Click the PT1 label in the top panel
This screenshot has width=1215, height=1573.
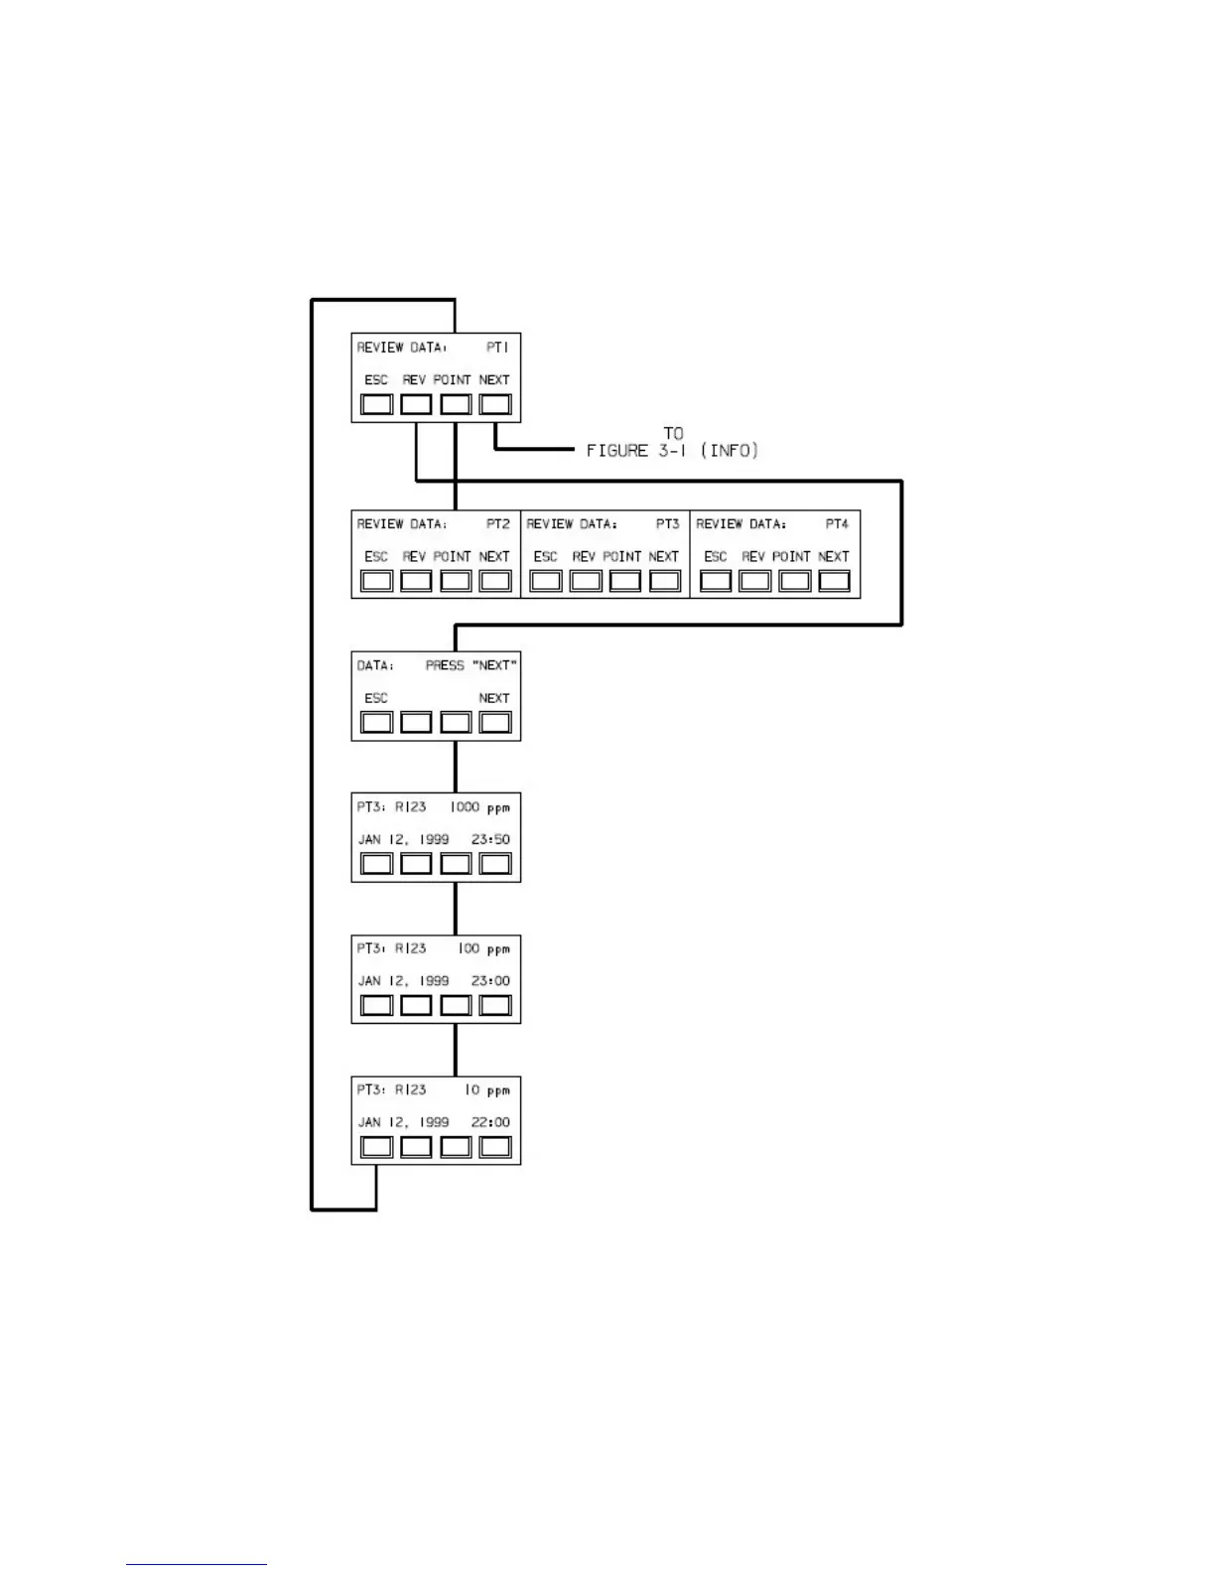497,348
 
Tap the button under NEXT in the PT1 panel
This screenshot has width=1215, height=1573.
495,404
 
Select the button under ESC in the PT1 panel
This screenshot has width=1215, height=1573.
376,404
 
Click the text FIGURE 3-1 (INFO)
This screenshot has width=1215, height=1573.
672,451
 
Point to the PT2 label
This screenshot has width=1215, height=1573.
498,524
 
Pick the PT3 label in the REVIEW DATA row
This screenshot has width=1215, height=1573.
668,524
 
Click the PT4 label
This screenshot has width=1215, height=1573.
837,524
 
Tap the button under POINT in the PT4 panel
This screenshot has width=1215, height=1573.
794,581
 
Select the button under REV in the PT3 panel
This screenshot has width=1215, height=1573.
586,581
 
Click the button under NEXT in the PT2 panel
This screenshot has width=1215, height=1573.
495,581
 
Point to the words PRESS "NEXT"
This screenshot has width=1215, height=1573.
472,665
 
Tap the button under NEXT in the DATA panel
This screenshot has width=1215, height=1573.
495,722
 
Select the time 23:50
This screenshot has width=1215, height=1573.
490,840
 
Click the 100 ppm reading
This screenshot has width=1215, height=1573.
483,949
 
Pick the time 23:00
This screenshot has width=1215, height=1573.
490,981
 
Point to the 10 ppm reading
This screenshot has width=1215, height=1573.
486,1090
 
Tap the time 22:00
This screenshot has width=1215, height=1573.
490,1122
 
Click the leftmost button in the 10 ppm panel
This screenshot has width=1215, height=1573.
376,1147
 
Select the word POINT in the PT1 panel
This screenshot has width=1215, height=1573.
452,380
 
